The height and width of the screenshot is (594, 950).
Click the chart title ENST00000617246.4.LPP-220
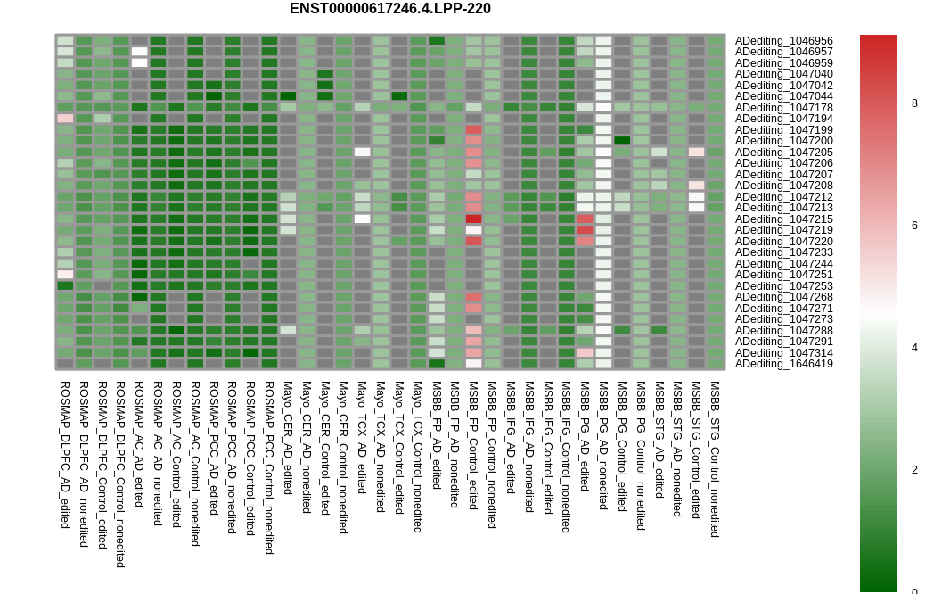(x=389, y=9)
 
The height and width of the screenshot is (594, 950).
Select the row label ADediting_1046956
(x=783, y=41)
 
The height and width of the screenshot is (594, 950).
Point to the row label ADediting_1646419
(x=783, y=364)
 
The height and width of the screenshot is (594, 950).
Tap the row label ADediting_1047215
(x=783, y=219)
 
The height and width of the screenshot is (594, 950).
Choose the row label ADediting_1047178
(x=783, y=108)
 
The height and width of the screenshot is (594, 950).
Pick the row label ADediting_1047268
(x=783, y=297)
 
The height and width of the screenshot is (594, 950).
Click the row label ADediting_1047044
(x=783, y=96)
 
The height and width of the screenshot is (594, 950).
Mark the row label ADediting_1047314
(x=783, y=353)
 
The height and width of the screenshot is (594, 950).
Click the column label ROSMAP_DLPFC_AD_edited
(x=65, y=455)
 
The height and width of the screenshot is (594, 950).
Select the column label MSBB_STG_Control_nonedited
(x=715, y=459)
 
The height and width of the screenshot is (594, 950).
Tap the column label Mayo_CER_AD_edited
(x=288, y=438)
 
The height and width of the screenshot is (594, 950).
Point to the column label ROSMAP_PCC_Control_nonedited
(x=269, y=467)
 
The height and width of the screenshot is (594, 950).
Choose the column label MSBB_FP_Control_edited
(x=473, y=446)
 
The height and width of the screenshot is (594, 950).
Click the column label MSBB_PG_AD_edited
(x=585, y=436)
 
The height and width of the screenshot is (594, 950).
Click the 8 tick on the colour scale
(x=914, y=103)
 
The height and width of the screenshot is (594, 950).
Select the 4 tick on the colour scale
(x=914, y=348)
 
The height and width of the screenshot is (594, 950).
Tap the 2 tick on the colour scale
(x=914, y=470)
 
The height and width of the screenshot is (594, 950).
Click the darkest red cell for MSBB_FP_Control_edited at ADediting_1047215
(x=473, y=219)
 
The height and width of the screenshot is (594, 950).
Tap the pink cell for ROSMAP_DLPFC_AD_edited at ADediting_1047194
(x=65, y=119)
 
